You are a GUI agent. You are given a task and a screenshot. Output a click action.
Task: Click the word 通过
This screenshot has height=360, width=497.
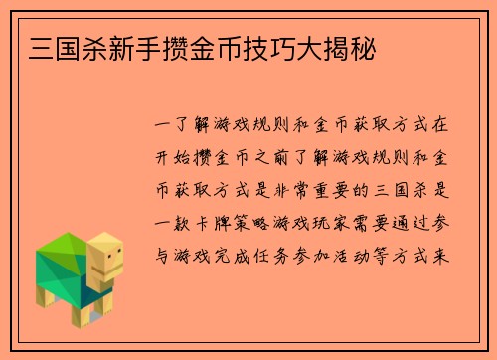(x=430, y=223)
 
